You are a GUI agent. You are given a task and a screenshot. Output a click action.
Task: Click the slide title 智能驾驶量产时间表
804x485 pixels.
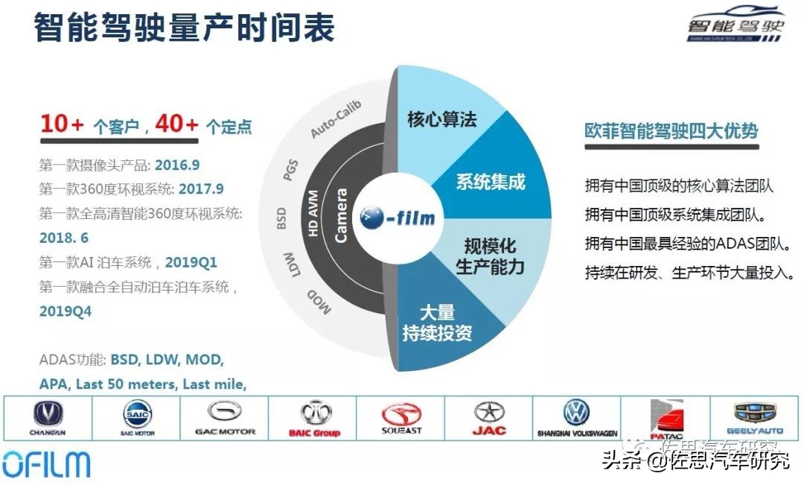pyautogui.click(x=184, y=28)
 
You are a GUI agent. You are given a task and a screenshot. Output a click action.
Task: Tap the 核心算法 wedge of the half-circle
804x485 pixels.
pyautogui.click(x=441, y=119)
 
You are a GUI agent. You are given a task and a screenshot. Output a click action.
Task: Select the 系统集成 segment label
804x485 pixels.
pyautogui.click(x=491, y=181)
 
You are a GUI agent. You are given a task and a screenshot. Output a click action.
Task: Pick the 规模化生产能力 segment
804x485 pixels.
pyautogui.click(x=490, y=256)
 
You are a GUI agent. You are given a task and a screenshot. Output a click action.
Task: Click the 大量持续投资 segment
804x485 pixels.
pyautogui.click(x=437, y=323)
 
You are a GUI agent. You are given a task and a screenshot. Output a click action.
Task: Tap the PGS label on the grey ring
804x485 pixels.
pyautogui.click(x=290, y=170)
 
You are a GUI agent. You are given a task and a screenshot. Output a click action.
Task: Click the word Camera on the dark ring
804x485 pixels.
pyautogui.click(x=341, y=216)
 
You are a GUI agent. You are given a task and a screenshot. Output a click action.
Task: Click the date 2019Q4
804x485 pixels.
pyautogui.click(x=66, y=311)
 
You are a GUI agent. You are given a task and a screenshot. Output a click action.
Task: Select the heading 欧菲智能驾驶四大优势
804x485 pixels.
pyautogui.click(x=671, y=131)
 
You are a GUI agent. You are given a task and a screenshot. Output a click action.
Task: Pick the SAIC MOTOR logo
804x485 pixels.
pyautogui.click(x=138, y=418)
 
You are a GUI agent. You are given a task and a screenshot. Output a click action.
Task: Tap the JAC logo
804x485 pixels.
pyautogui.click(x=489, y=418)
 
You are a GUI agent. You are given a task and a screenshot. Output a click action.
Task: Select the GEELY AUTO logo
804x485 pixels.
pyautogui.click(x=753, y=418)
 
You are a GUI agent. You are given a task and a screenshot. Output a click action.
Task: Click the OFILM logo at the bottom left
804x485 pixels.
pyautogui.click(x=46, y=463)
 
